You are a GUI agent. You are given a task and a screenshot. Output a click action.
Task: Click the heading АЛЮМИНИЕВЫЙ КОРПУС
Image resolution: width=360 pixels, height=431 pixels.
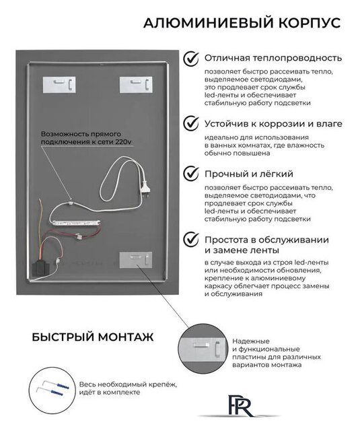[242, 23]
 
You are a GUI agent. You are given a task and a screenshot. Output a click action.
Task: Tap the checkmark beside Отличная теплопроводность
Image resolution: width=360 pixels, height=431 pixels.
[191, 58]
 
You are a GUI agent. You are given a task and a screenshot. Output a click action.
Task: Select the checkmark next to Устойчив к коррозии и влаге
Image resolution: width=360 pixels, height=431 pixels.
[191, 123]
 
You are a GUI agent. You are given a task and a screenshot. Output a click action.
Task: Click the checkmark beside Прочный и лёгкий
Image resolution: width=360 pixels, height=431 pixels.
[191, 173]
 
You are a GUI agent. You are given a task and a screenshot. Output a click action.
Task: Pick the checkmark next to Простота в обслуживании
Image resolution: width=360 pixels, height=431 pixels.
[191, 239]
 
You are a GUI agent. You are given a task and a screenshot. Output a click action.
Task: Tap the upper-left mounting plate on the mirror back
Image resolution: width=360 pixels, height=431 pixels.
[59, 85]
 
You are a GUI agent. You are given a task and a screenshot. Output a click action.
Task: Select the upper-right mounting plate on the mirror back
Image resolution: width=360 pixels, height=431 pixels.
[136, 85]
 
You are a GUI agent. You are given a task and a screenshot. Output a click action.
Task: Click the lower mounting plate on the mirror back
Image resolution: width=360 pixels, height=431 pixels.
[136, 260]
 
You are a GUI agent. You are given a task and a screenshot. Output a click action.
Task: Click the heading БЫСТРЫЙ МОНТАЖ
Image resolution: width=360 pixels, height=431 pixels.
[93, 337]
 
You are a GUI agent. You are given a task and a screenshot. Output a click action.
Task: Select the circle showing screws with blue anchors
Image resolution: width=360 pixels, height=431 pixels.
[52, 387]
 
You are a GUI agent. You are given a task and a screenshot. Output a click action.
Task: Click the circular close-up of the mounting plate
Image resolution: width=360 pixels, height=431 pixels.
[203, 348]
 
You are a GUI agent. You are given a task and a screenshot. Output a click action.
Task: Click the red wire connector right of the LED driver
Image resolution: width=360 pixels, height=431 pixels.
[79, 236]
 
